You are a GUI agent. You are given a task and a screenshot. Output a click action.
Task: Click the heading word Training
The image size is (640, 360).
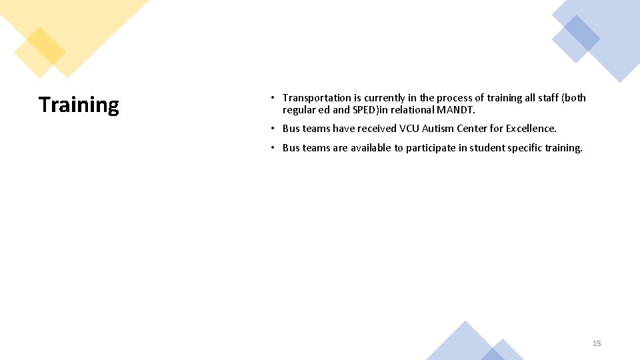(x=79, y=105)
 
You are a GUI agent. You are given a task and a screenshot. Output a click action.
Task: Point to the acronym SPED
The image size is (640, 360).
(x=365, y=110)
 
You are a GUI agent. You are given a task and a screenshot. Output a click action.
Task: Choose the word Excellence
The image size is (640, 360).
(x=531, y=129)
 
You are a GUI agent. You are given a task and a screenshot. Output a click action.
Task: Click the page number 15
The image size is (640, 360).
(x=597, y=343)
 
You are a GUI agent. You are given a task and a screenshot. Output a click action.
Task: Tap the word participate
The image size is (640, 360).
(x=433, y=148)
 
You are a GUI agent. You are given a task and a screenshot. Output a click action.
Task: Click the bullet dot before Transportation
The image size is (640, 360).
(x=273, y=98)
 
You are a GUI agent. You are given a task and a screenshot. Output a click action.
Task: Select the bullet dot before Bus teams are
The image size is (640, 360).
(x=273, y=148)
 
